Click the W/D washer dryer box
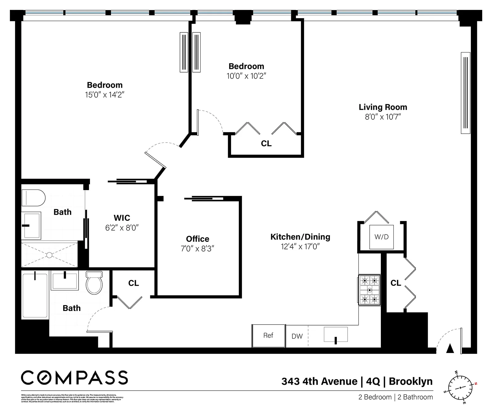coord(381,237)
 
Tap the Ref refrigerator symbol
coord(268,336)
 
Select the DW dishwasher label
coord(297,336)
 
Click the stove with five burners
coord(369,290)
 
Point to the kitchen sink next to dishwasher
coord(336,335)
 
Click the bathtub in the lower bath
coord(35,296)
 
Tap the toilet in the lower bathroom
coord(94,282)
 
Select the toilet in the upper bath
coord(33,198)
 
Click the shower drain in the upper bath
coord(49,255)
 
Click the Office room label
coord(198,239)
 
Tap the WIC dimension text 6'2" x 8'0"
coord(122,228)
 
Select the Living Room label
coord(383,107)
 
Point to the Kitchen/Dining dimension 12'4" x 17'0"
coord(300,247)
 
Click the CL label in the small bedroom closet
coord(266,143)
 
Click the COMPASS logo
coord(74,378)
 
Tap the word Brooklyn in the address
coord(410,381)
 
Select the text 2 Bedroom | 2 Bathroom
coord(395,397)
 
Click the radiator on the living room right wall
coord(465,93)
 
